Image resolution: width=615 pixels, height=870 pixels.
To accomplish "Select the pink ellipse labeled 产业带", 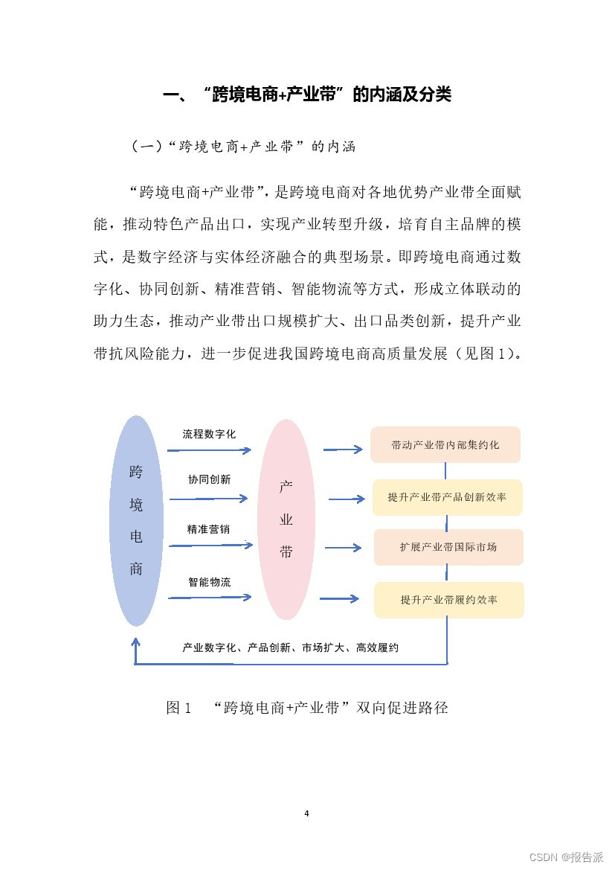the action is click(286, 519).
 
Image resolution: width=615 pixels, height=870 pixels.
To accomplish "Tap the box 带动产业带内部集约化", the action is click(445, 445).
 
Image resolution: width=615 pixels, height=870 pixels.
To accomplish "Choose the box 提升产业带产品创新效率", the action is click(447, 497).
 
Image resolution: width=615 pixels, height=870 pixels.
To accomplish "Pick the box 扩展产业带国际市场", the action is click(448, 547).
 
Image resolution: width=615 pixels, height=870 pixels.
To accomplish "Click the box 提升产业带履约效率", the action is click(449, 600).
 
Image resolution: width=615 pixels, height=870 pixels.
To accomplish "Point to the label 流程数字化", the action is click(209, 434).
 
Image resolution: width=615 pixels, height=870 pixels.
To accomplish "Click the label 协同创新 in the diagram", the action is click(209, 480).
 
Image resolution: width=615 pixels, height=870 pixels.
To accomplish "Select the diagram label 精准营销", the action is click(208, 530).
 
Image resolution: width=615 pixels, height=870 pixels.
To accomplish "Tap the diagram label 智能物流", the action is click(209, 582).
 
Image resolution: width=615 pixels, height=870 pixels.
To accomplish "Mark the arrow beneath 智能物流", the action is click(210, 597).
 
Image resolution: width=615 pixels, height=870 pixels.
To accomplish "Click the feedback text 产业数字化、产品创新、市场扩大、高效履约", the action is click(290, 648).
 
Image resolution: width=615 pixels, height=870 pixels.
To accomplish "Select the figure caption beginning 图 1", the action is click(306, 708).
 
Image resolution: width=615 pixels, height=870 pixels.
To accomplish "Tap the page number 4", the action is click(306, 813).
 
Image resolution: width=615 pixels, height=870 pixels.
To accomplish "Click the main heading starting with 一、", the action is click(306, 95).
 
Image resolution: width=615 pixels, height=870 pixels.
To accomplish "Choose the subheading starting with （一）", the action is click(243, 147).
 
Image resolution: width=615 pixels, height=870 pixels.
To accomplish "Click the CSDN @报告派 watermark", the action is click(566, 857).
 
